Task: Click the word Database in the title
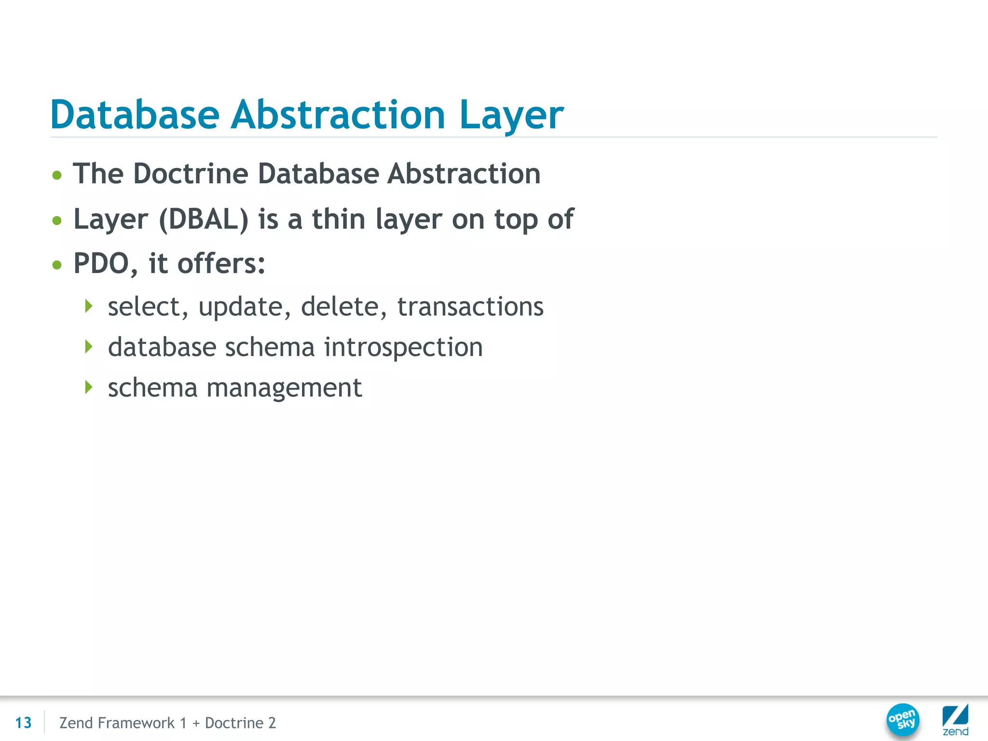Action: point(135,115)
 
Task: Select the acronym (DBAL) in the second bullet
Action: point(204,220)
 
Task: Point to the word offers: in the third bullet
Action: point(221,263)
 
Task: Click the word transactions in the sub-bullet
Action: point(470,307)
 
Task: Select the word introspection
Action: point(403,347)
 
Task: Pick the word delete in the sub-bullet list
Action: point(340,307)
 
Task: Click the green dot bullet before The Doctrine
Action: point(57,175)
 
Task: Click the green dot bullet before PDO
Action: point(57,264)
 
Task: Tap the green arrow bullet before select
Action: point(88,306)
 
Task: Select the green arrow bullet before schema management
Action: point(88,387)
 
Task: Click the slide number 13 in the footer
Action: point(23,723)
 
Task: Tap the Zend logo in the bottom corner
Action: point(955,719)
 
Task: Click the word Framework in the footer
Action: point(136,723)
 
